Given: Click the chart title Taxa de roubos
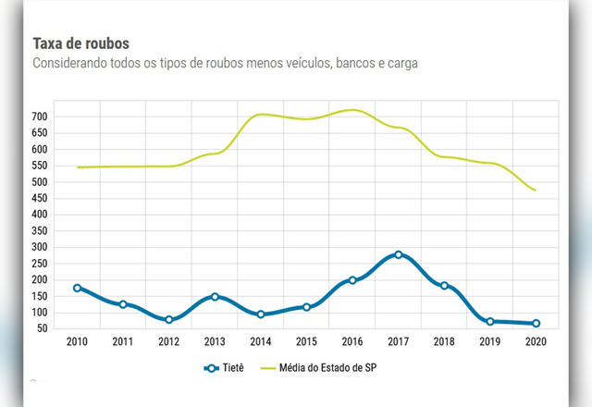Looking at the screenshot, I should point(80,43).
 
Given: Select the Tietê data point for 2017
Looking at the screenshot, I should point(399,254).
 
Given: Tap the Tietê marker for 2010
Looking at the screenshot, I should point(78,288).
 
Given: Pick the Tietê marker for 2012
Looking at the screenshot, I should point(169,319).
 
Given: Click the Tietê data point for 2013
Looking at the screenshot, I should point(215,297).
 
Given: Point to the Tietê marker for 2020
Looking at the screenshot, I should point(536,324).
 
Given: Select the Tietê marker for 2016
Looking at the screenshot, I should point(352,280).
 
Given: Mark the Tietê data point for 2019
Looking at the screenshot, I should point(490,321).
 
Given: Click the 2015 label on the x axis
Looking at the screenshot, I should point(306,342).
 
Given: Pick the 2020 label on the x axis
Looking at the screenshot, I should point(536,342).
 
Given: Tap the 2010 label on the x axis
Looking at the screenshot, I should point(78,342).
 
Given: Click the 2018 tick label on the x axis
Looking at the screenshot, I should point(444,342).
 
